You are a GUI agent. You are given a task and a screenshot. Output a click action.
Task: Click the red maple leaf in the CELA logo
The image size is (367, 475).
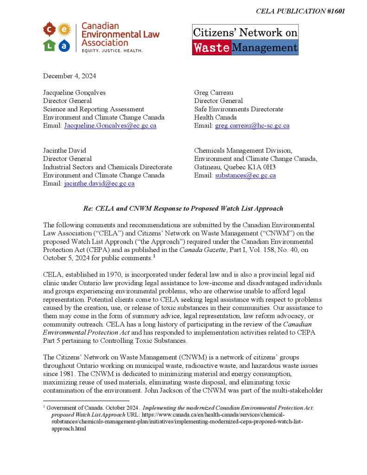tap(50, 31)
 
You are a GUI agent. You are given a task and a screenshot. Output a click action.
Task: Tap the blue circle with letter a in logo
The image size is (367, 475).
tap(64, 45)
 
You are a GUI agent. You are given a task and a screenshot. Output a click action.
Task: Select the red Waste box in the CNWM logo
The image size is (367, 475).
tap(212, 48)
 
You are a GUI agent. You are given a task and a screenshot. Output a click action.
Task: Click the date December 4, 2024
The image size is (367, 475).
tap(70, 76)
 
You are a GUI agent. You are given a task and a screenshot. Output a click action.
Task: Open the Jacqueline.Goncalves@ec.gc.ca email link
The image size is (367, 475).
tap(110, 126)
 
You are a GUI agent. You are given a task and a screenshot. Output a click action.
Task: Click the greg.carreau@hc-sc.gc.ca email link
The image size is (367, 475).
tap(252, 126)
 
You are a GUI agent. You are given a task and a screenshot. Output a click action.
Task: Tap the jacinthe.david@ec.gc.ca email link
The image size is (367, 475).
tap(99, 183)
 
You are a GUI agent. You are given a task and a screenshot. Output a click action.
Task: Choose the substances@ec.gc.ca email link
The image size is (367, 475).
tap(245, 175)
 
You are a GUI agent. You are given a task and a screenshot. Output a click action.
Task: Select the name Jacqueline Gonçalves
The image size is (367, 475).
tap(74, 92)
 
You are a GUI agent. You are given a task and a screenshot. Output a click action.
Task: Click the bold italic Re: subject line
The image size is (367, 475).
tap(183, 208)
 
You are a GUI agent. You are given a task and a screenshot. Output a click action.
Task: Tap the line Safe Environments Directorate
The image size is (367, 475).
tap(238, 109)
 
